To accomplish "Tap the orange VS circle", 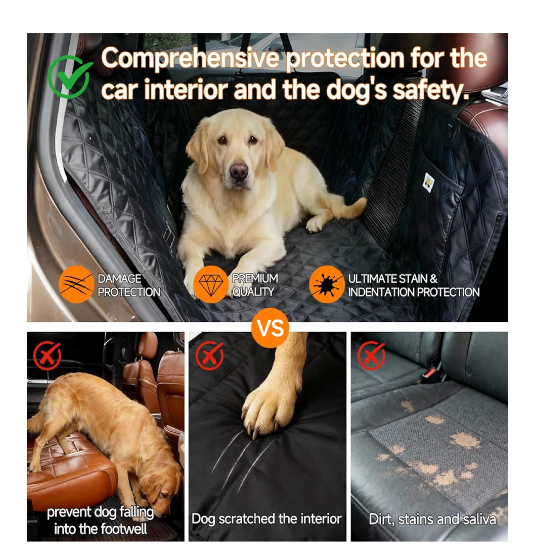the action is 270,328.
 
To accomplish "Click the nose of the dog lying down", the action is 239,171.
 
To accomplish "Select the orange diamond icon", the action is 211,284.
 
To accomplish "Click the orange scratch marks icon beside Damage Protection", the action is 76,284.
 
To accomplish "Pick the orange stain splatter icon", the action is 327,284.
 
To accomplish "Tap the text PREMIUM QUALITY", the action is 255,285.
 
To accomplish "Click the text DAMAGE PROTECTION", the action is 129,285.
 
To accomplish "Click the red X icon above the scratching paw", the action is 209,356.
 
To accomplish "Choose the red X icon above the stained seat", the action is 371,356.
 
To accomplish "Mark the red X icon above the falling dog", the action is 47,356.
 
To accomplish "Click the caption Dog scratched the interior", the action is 266,518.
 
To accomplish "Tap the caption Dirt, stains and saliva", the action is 432,519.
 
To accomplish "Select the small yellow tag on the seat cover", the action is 428,182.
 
